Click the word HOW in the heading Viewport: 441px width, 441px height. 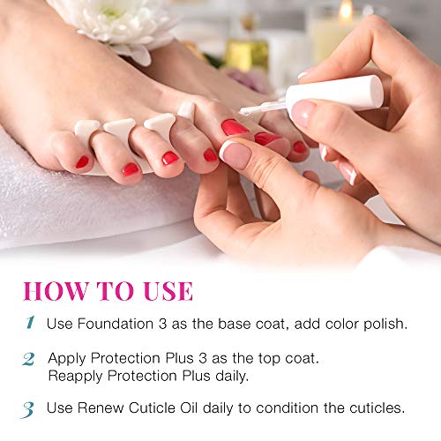coord(56,291)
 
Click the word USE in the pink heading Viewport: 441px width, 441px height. coord(168,291)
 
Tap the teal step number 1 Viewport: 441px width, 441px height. coord(30,323)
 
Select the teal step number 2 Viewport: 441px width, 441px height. coord(28,359)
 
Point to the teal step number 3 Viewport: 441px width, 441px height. coord(27,409)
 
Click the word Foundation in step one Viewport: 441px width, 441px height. coord(116,324)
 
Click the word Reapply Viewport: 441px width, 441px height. coord(75,377)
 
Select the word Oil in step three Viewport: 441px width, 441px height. coord(189,408)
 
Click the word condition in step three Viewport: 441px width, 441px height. coord(288,408)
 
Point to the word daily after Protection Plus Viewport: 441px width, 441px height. coord(232,377)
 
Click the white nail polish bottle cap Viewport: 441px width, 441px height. coord(334,93)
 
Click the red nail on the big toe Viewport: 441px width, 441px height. coord(235,127)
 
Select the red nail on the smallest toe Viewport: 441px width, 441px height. coord(82,162)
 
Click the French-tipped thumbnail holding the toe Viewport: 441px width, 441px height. coord(235,154)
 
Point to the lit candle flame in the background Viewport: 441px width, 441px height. coord(346,10)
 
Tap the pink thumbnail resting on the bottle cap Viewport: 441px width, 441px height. coord(302,113)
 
